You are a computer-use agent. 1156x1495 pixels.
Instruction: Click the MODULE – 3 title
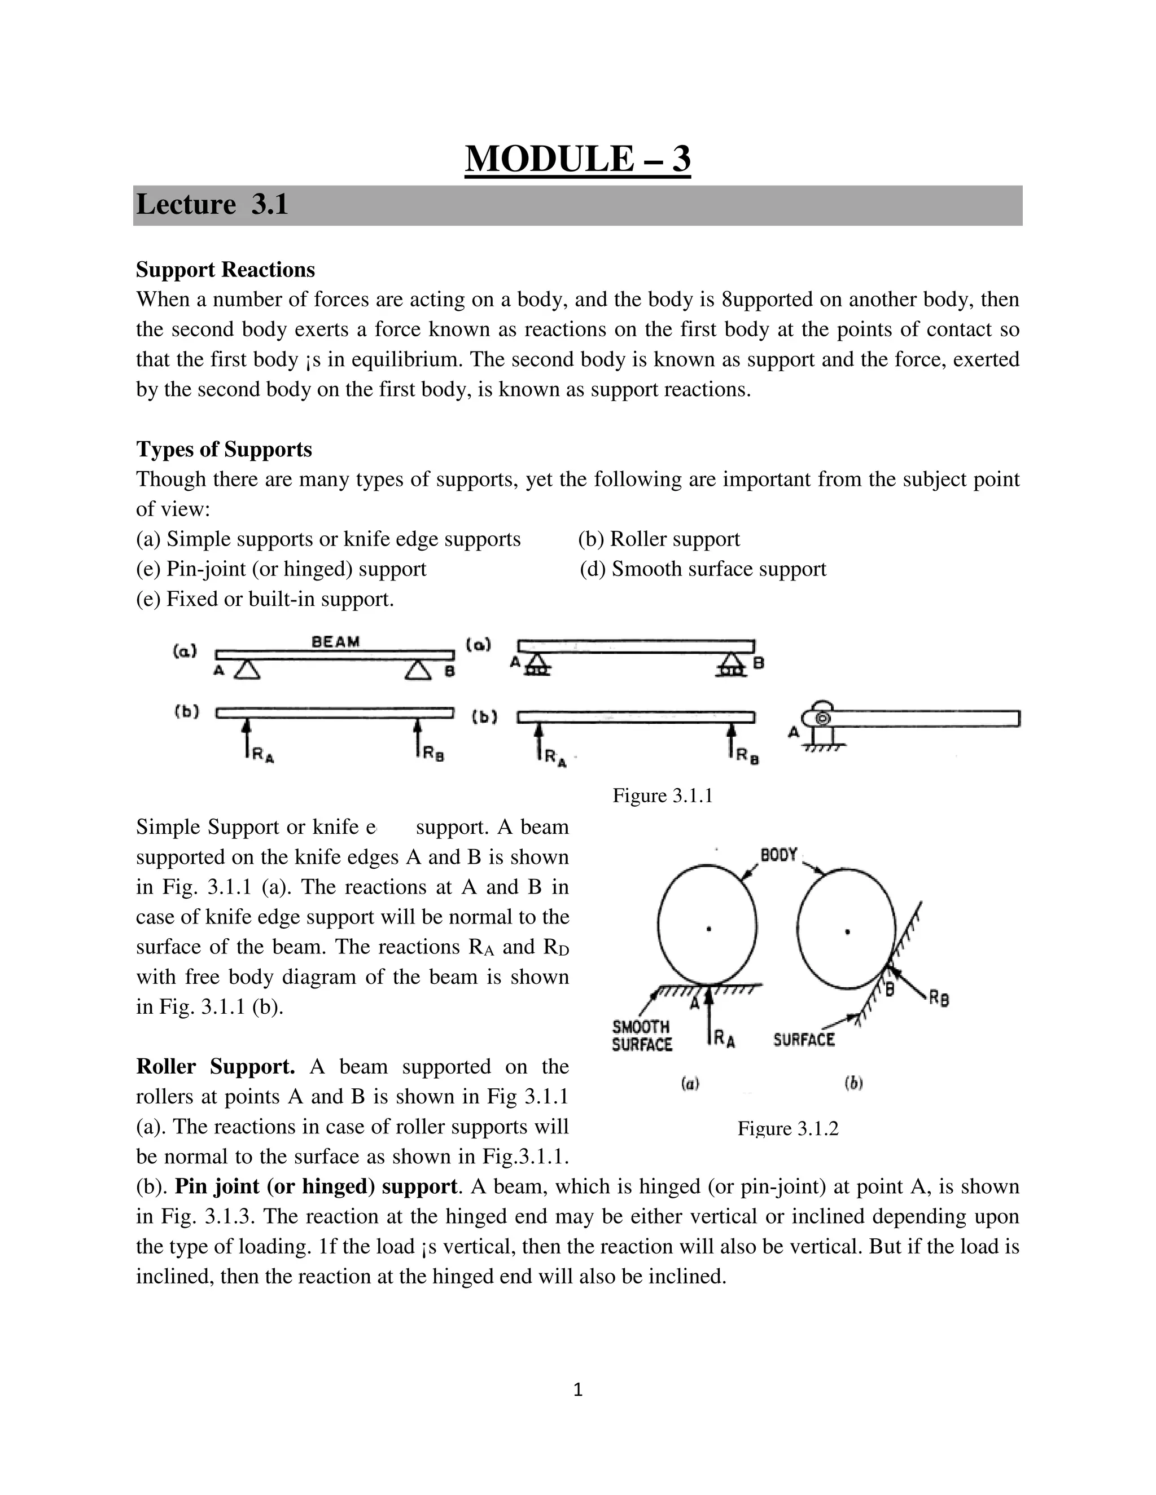point(577,160)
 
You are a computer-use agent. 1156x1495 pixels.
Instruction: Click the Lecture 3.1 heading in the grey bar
point(212,205)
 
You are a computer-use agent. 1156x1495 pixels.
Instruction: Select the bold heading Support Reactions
point(225,270)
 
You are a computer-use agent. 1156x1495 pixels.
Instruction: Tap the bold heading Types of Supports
point(224,449)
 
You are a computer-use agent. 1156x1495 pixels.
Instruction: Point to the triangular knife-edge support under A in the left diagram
point(247,670)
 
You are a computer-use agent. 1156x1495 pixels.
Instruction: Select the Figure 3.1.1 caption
point(662,795)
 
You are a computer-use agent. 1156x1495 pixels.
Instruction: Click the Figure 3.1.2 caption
point(787,1128)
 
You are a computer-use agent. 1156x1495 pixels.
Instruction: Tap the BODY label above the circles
point(778,855)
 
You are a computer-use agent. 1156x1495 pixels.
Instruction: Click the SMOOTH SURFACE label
point(641,1036)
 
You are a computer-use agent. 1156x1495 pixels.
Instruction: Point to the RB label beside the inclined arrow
point(939,999)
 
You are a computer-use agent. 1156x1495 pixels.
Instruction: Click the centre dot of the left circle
point(709,929)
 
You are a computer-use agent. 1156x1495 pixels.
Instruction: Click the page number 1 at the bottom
point(577,1390)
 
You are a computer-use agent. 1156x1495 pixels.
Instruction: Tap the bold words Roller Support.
point(215,1066)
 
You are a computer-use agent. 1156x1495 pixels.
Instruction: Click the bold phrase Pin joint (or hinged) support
point(316,1186)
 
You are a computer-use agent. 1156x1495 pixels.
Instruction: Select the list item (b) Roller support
point(659,539)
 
